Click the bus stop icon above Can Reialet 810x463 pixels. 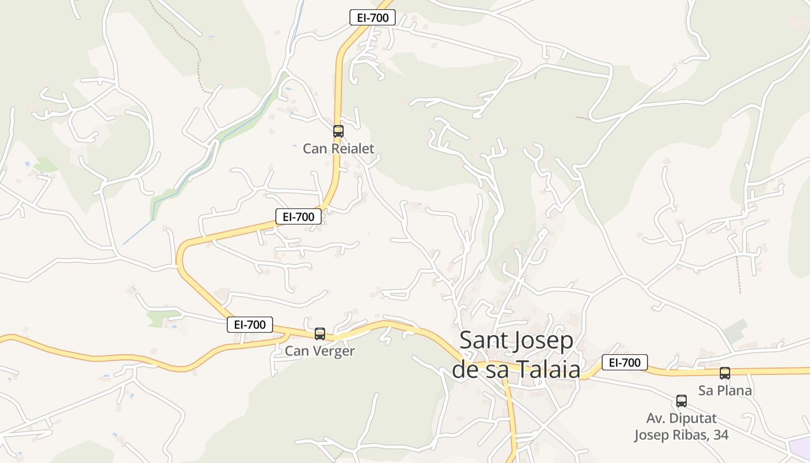pos(338,131)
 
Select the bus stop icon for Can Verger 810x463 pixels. pos(320,333)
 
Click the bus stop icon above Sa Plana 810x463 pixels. pos(725,373)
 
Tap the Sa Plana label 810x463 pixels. pos(725,391)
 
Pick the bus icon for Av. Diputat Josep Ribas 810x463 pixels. pos(682,400)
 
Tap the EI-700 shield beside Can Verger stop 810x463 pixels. pos(250,325)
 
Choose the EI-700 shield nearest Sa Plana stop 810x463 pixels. pos(625,363)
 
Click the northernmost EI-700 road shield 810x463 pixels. pos(373,18)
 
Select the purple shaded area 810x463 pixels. pos(801,448)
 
